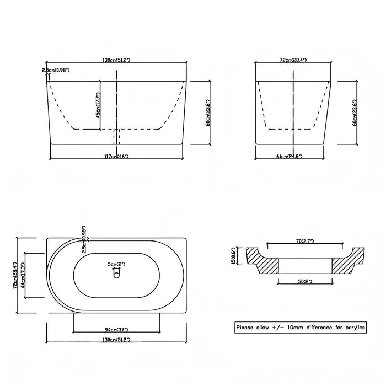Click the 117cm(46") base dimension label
[x=116, y=156]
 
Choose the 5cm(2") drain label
[x=116, y=265]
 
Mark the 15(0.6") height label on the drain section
[x=234, y=255]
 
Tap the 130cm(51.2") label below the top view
[x=116, y=340]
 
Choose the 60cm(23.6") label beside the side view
[x=356, y=114]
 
